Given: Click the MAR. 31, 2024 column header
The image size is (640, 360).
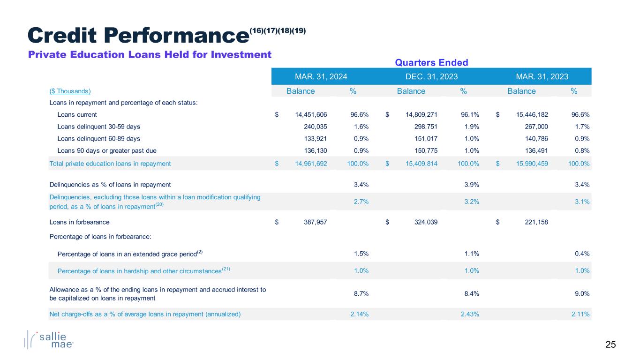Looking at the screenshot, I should pos(321,76).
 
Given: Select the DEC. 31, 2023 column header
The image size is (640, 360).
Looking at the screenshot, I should pos(431,76).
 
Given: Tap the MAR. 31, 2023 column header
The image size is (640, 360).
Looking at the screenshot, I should pos(542,76).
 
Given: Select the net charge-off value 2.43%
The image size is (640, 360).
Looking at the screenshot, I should pos(470,314).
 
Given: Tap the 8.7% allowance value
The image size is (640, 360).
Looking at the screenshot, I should pos(361,293).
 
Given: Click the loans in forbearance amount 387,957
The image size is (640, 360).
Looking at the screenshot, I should pos(312,223).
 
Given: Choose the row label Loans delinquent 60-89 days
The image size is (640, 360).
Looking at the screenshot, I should pos(98,139).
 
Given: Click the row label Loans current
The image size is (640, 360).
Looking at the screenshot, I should pos(77,114).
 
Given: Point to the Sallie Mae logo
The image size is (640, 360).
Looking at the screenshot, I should pos(49,340).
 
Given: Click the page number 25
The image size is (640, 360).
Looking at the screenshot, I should pos(610,345).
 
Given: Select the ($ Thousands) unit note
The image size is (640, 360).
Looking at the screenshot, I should pos(70,91).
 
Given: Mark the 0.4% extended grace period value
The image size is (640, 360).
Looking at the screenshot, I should pos(582,254).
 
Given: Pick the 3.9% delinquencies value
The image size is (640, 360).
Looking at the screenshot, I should pos(471,185).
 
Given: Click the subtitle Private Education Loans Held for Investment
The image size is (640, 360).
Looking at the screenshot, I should pos(150,55).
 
